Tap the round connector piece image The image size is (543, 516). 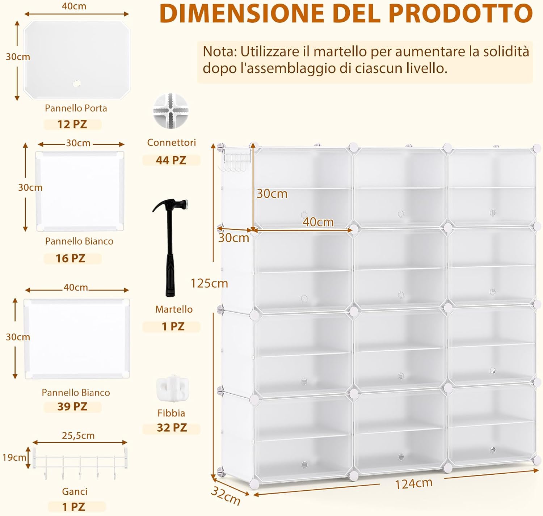pos(171,110)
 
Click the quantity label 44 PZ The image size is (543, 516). pos(171,160)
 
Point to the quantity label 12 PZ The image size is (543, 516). pos(72,124)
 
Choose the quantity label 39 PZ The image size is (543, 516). pos(72,406)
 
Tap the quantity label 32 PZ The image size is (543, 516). pos(172,428)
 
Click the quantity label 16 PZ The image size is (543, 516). pos(71,258)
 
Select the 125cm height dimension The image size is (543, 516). pos(209,283)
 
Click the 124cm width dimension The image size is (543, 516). pos(413,483)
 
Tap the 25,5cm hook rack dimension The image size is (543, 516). pos(78,435)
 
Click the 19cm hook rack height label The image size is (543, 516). pos(14,457)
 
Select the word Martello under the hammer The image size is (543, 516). pos(174,309)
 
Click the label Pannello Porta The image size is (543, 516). pos(76,108)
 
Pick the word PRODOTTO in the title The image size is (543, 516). pos(460,13)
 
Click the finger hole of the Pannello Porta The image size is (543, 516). pos(76,84)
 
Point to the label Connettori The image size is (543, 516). pos(171,143)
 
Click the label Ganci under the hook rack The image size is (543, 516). pos(75,491)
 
